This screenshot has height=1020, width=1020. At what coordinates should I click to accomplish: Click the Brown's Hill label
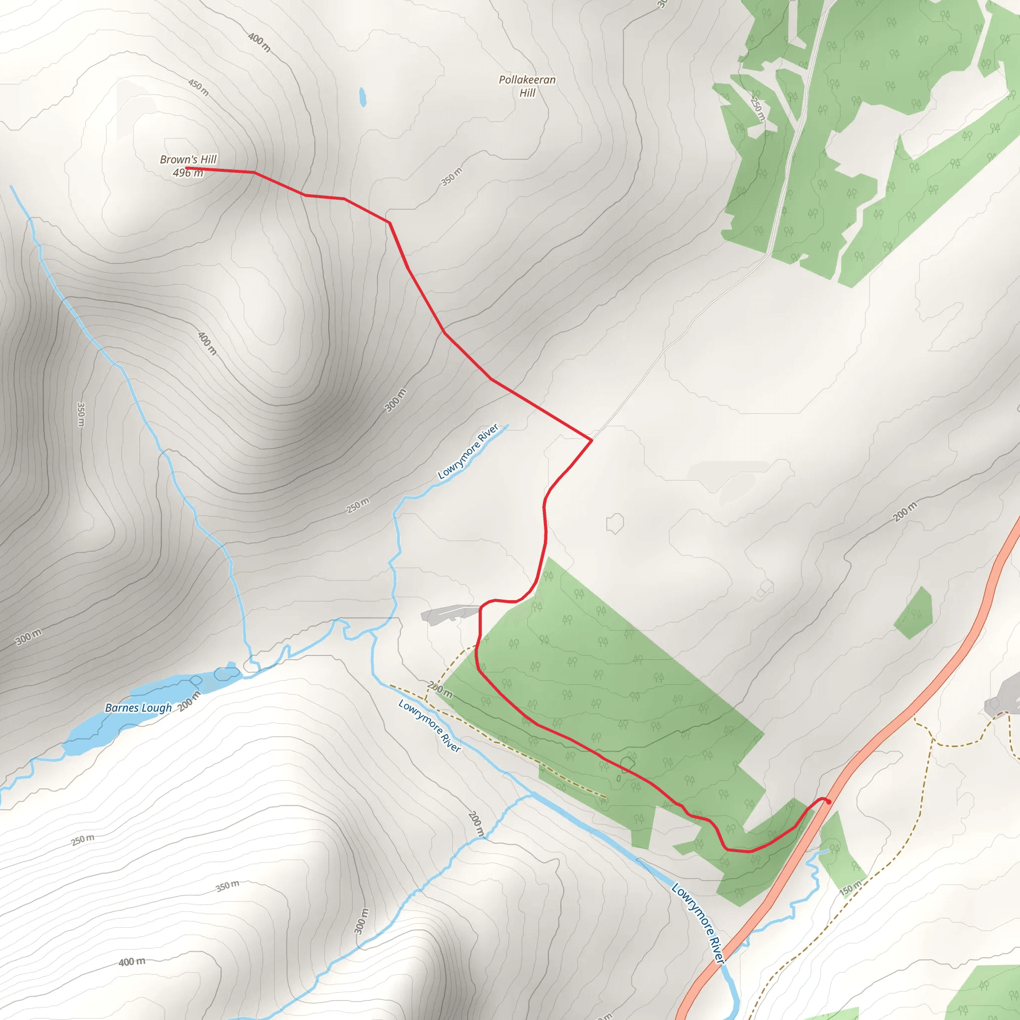[188, 159]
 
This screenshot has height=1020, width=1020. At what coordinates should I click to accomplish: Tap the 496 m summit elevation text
[187, 173]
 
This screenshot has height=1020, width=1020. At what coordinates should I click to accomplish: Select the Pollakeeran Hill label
[527, 86]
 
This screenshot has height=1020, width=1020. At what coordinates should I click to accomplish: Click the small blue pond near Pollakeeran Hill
[363, 97]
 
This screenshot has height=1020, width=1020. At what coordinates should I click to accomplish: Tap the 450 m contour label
[199, 88]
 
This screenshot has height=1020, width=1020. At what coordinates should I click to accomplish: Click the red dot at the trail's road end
[829, 802]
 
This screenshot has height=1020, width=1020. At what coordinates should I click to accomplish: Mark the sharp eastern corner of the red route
[591, 440]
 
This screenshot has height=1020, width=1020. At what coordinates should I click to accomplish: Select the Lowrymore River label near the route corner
[468, 451]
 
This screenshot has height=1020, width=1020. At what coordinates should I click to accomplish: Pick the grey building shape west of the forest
[446, 614]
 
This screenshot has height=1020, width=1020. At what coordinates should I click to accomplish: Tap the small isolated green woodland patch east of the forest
[914, 614]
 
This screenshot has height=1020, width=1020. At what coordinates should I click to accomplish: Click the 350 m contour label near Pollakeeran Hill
[451, 177]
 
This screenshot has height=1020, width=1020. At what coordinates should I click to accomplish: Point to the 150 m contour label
[851, 888]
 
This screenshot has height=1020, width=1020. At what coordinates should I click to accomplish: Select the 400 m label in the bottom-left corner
[131, 962]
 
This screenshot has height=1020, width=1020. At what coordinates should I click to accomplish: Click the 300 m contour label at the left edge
[28, 637]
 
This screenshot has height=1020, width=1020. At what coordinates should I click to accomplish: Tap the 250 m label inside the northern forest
[757, 109]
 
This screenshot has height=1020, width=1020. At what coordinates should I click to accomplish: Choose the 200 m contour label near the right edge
[905, 512]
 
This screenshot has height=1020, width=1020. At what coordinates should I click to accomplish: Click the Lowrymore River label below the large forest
[429, 725]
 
